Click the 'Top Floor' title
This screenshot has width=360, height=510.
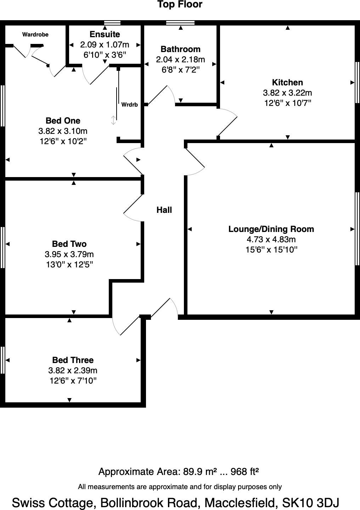(180, 5)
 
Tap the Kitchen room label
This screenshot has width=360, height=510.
(287, 83)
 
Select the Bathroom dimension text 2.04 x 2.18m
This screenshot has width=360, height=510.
(180, 59)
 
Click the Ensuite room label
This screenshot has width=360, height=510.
(105, 34)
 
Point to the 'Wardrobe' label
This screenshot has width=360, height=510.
(35, 34)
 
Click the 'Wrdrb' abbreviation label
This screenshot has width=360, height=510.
(129, 104)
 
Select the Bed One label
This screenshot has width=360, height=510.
(63, 121)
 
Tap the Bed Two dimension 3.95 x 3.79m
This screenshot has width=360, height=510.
(69, 254)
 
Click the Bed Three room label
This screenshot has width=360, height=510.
(73, 360)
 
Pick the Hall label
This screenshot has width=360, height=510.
(164, 210)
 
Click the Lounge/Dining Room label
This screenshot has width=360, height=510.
(271, 229)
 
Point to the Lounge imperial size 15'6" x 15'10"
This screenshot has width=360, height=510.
(271, 250)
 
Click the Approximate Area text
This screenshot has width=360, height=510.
(180, 472)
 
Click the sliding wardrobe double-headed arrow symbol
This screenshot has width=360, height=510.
(113, 120)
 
